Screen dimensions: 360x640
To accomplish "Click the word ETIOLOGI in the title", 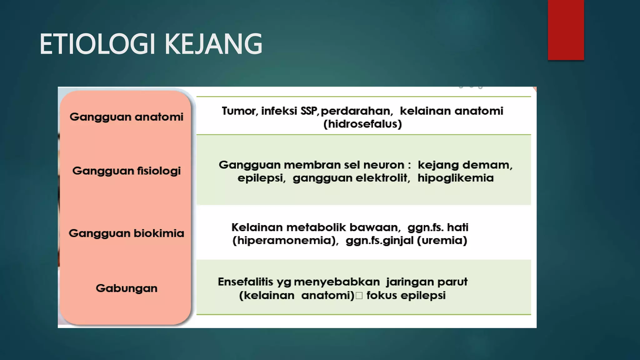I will tap(97, 44).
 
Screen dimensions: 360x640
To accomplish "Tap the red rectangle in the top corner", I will tap(566, 30).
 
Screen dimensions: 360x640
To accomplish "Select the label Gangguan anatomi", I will tap(126, 117).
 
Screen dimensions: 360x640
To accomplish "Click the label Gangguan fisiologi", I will tap(126, 171).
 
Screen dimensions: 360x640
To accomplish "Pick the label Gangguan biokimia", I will tap(126, 233).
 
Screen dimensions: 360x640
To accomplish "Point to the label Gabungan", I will tap(126, 288).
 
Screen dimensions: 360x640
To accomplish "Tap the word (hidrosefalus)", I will tap(362, 124).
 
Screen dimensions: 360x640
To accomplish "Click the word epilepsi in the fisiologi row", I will tap(261, 178).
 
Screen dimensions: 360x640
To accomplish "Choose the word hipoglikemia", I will tap(455, 178).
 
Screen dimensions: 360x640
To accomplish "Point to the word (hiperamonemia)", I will tap(285, 241).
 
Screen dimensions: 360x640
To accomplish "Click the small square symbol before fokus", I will tap(359, 296).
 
